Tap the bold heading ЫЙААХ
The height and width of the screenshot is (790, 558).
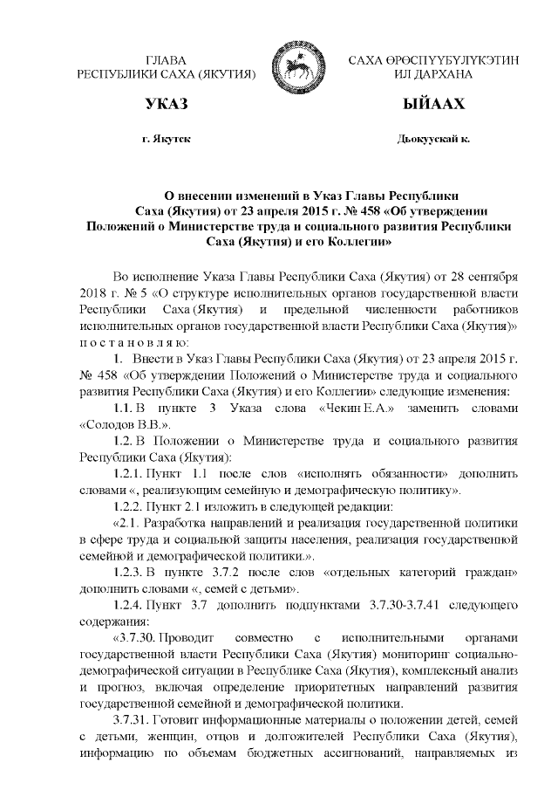pyautogui.click(x=432, y=106)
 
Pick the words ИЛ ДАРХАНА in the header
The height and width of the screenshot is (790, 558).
pyautogui.click(x=432, y=75)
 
